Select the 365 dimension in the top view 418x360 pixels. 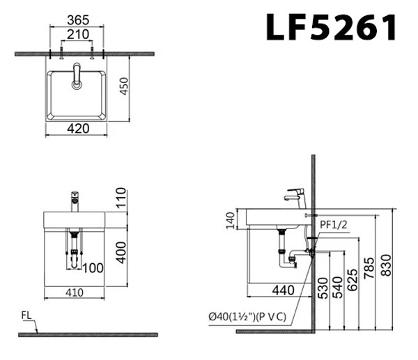tap(77, 22)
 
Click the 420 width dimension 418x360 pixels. tap(77, 128)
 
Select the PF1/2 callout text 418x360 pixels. tap(334, 226)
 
